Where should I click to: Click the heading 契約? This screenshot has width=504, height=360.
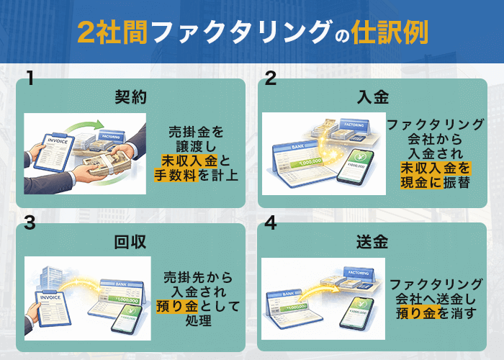pos(130,97)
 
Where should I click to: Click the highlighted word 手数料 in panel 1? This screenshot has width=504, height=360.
pos(175,174)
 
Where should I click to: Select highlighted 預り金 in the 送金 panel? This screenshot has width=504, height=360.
pos(417,312)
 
